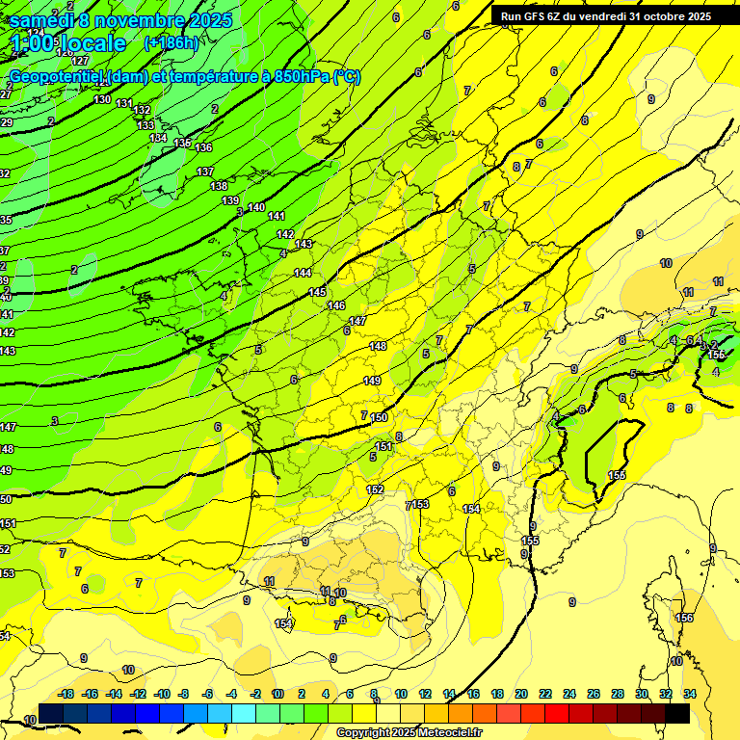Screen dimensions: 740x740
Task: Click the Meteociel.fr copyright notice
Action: [x=409, y=733]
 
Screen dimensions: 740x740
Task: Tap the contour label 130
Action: [x=102, y=99]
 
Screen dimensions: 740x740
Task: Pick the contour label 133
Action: [x=145, y=125]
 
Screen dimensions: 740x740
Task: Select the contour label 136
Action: [x=203, y=147]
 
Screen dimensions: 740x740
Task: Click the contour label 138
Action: [x=219, y=186]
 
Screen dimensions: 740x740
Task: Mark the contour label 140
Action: [x=256, y=207]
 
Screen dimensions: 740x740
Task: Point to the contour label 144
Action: [x=303, y=273]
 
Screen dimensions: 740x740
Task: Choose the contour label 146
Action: [x=336, y=305]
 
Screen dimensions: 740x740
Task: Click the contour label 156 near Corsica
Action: [x=684, y=618]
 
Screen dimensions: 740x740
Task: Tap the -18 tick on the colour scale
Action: [x=66, y=694]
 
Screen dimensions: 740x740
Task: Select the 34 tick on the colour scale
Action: [x=689, y=694]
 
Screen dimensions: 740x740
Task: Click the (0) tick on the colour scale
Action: [x=277, y=694]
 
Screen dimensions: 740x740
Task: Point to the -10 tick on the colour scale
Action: [x=162, y=694]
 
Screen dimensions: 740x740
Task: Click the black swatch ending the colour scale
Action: [x=677, y=713]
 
